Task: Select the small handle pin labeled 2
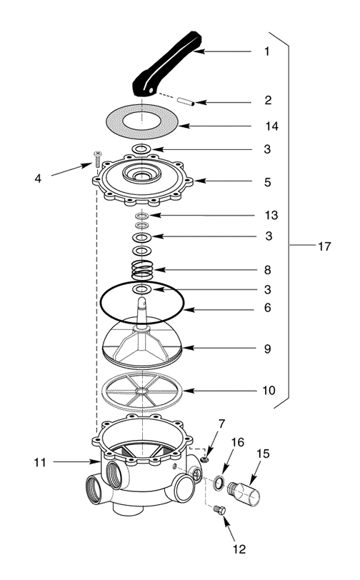click(186, 101)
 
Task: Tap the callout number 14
click(271, 126)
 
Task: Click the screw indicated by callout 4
click(97, 159)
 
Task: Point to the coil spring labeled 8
click(142, 270)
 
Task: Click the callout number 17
click(324, 246)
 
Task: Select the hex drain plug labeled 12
click(219, 510)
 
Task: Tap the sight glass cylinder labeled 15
click(244, 494)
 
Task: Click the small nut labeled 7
click(204, 459)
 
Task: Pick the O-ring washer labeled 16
click(219, 483)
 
